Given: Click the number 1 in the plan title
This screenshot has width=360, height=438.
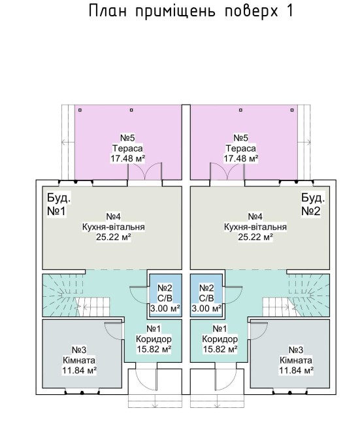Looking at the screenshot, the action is (x=289, y=11).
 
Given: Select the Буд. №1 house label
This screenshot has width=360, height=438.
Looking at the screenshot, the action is (x=59, y=205).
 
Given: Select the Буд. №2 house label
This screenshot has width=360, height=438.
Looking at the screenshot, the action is (x=313, y=205).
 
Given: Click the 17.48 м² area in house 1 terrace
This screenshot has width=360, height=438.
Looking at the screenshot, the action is (x=128, y=158).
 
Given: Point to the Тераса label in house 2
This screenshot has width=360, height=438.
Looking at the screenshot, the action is (x=240, y=148).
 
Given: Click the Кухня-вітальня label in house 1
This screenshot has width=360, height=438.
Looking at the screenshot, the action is (x=114, y=227).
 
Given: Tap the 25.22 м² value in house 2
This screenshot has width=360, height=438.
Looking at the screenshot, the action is (x=255, y=237).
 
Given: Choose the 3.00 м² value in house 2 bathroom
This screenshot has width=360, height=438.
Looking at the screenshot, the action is (x=206, y=309).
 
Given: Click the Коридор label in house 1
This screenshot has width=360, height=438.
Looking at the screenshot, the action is (x=154, y=339).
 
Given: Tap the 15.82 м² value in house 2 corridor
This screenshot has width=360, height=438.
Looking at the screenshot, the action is (x=220, y=349).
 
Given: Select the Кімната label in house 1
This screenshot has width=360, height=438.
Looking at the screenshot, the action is (x=79, y=360).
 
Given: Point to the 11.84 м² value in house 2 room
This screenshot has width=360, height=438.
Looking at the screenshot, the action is (x=296, y=371).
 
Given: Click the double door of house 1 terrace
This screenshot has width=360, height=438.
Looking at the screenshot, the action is (x=144, y=171).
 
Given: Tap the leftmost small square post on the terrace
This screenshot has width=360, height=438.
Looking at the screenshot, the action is (x=80, y=110).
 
